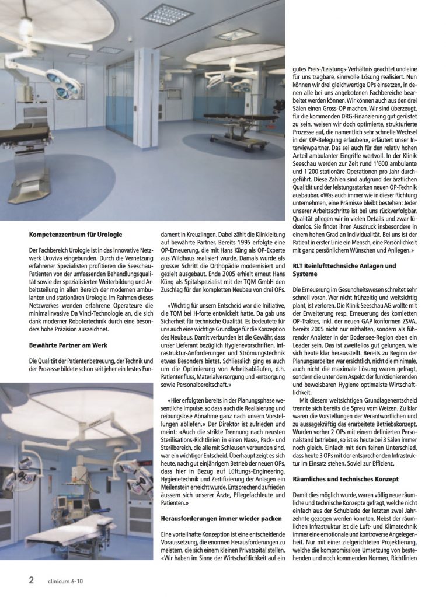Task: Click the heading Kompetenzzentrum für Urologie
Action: point(75,235)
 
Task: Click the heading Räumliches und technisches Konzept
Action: point(346,478)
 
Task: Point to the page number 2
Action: point(31,580)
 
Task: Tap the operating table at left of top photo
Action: point(29,146)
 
